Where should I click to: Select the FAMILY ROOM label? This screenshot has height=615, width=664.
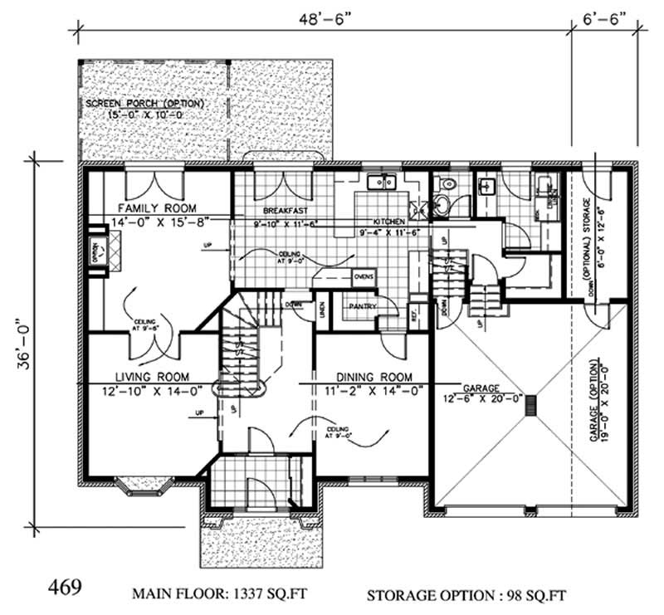(x=156, y=207)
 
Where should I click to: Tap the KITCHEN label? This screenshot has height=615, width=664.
(x=388, y=222)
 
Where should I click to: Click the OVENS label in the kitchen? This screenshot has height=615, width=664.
(x=364, y=276)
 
